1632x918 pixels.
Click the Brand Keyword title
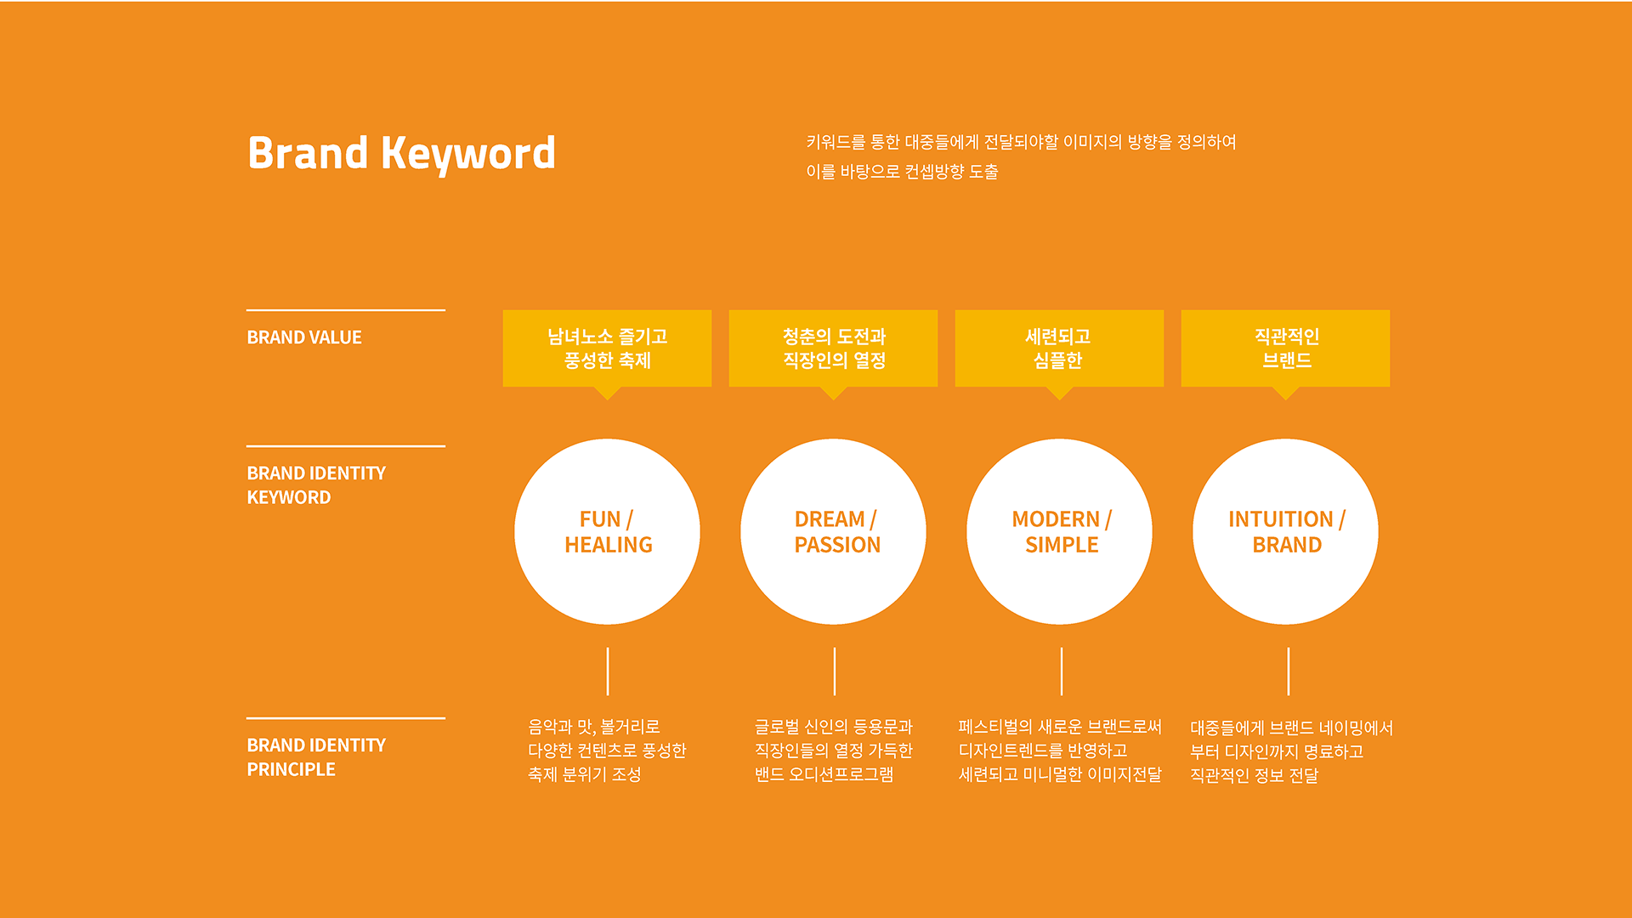tap(401, 154)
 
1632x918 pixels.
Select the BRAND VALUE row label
tap(304, 337)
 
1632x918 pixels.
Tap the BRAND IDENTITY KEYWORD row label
tap(316, 485)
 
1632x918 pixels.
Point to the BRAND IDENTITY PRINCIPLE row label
tap(316, 757)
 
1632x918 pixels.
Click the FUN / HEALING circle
tap(608, 532)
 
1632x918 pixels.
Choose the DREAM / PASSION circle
tap(834, 532)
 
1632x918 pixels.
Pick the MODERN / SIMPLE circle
tap(1060, 532)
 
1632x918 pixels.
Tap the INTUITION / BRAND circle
tap(1286, 532)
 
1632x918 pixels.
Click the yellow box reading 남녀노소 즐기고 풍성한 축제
tap(608, 348)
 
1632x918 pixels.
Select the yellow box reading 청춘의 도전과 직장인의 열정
tap(834, 348)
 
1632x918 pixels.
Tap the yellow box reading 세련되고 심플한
tap(1060, 348)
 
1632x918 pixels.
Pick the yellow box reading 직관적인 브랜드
tap(1286, 348)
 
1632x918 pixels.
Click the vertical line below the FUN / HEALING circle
tap(608, 671)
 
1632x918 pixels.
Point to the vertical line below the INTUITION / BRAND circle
tap(1289, 671)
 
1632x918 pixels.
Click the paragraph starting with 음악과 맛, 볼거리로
tap(607, 751)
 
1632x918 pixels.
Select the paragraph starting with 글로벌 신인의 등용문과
tap(834, 751)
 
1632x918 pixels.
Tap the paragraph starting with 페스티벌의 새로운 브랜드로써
tap(1060, 751)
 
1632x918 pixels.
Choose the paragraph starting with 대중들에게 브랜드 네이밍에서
tap(1292, 751)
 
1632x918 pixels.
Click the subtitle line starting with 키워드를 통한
tap(1021, 142)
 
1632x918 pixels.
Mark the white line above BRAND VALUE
tap(346, 310)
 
